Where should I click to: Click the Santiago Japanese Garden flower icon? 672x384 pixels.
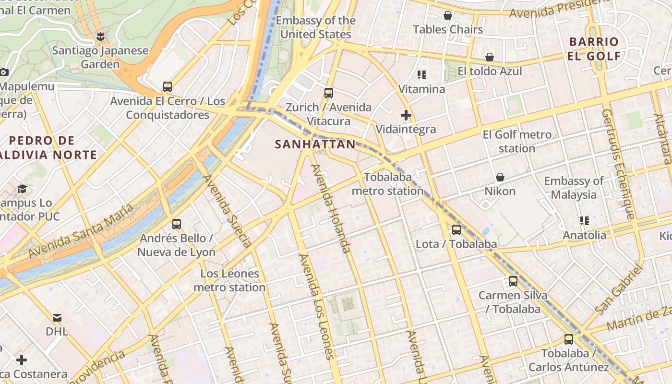(x=100, y=36)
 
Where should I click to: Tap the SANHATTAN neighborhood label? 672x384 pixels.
(x=315, y=144)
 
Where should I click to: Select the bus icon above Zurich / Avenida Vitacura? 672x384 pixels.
(x=329, y=93)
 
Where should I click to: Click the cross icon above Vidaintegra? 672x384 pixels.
(x=406, y=115)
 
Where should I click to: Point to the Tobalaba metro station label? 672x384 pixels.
(x=388, y=184)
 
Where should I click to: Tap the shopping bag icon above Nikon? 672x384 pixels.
(x=500, y=177)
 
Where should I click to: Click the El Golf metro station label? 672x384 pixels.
(x=517, y=142)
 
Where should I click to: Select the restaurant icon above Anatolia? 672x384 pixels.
(x=585, y=221)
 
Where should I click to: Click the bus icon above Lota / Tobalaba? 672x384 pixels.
(x=456, y=230)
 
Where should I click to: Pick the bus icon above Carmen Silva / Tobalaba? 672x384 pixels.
(x=513, y=281)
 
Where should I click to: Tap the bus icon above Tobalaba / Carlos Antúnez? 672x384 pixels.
(x=569, y=339)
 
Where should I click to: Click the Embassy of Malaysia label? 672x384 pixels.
(x=574, y=188)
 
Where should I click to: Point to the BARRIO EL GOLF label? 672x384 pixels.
(x=594, y=49)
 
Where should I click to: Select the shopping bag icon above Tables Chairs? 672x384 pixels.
(x=448, y=15)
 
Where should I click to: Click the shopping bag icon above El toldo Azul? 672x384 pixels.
(x=490, y=57)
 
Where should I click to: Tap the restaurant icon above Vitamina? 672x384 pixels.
(x=422, y=75)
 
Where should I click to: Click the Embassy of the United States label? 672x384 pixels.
(x=316, y=27)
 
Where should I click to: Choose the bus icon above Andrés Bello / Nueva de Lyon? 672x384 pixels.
(x=177, y=224)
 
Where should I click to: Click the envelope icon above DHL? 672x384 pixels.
(x=57, y=317)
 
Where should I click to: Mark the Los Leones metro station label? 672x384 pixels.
(x=229, y=281)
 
